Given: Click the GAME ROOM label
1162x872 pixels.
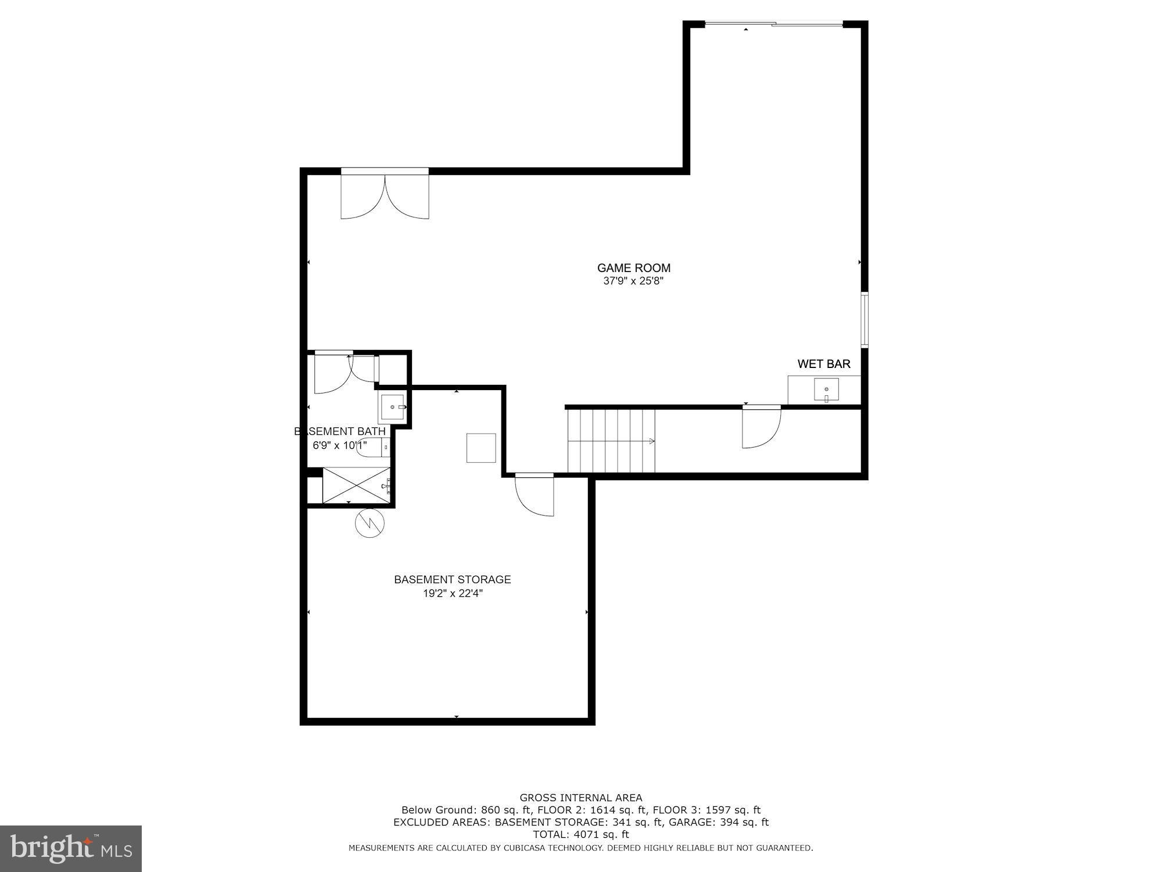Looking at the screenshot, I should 633,268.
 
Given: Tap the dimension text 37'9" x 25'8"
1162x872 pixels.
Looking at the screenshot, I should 633,281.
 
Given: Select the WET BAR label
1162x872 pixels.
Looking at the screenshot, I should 823,364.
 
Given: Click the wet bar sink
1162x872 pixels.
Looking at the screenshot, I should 826,389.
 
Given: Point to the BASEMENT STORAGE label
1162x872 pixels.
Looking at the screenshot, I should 452,580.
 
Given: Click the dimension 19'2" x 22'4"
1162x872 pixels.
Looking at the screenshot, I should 453,594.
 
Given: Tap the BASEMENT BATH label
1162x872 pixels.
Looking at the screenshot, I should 340,431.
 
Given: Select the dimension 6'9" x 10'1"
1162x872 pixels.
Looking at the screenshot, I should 340,445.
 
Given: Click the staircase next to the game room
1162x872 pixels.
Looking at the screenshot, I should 611,441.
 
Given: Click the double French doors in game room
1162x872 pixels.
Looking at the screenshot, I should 385,195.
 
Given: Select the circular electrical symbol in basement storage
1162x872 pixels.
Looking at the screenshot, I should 370,523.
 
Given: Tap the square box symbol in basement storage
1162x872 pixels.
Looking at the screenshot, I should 481,448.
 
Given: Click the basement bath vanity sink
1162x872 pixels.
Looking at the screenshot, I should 392,407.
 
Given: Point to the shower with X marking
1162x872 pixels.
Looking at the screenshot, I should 356,485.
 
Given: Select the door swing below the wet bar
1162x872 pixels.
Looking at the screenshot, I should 761,427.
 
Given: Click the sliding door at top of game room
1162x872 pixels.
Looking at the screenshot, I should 773,24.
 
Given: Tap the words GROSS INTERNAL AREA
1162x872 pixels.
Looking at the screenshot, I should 580,798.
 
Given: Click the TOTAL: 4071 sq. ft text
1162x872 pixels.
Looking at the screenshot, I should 580,834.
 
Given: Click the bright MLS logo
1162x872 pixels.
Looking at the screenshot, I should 71,849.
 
